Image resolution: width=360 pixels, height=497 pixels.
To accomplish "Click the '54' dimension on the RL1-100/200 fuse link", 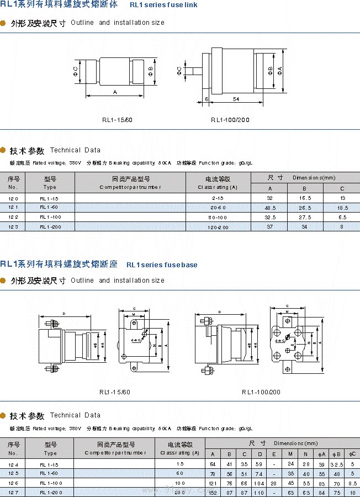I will click(236, 99).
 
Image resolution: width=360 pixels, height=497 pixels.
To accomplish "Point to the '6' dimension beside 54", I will click(205, 99).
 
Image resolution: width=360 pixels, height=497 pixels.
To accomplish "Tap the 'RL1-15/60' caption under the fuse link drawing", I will click(117, 119).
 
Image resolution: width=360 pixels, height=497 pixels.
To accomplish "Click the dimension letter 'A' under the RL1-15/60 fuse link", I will click(114, 91).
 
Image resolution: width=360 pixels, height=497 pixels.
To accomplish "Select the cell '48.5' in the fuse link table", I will click(270, 208).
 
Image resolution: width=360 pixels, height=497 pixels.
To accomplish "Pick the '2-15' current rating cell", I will click(218, 198).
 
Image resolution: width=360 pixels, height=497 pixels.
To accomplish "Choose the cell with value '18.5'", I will click(342, 208).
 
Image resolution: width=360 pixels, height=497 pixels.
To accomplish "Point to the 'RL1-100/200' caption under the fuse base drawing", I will click(261, 392).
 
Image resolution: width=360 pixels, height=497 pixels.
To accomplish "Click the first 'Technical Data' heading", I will click(75, 150).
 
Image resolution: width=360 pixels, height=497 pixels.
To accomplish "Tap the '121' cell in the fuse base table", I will click(213, 483).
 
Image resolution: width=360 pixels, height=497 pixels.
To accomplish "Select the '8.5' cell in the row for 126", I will click(352, 483).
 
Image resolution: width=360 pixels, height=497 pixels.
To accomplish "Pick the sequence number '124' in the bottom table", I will click(13, 464).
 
